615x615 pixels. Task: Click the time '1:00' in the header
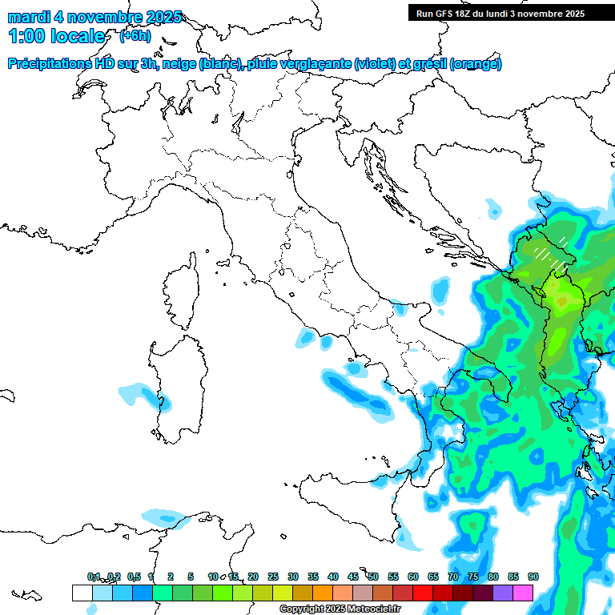[x=26, y=36]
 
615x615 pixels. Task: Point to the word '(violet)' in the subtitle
[x=380, y=63]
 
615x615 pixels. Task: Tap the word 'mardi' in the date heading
[x=25, y=17]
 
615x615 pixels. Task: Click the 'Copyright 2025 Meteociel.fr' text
[x=340, y=609]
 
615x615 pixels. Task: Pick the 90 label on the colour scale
[x=533, y=577]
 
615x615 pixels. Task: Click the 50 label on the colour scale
[x=372, y=577]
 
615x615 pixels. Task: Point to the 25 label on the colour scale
[x=273, y=577]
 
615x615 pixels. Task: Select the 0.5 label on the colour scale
[x=133, y=577]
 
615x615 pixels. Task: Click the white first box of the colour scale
[x=82, y=593]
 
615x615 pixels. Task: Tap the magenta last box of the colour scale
[x=523, y=593]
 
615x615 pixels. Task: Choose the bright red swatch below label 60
[x=423, y=593]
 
